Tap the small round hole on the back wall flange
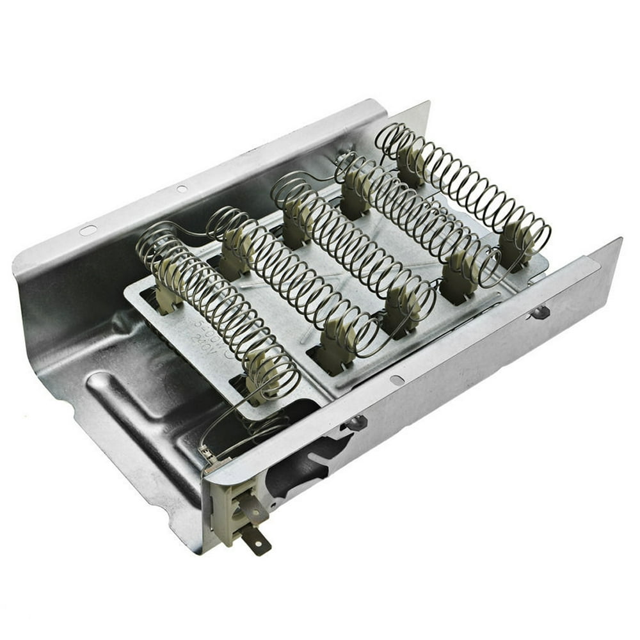[x=182, y=189]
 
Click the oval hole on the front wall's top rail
[x=397, y=380]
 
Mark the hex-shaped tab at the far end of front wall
[x=540, y=312]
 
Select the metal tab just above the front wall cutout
[x=356, y=422]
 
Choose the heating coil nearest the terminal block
[x=218, y=307]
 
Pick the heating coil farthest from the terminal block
[x=464, y=186]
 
